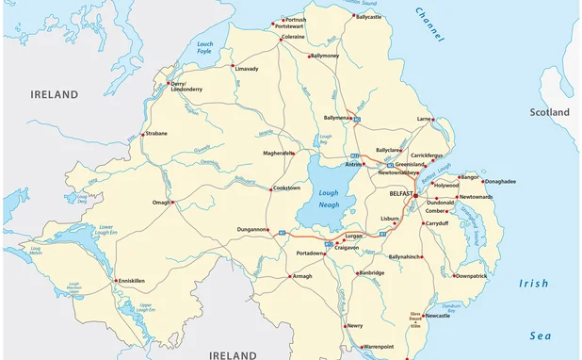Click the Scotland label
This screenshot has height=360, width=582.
(x=549, y=112)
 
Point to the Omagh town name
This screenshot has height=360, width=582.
(x=161, y=202)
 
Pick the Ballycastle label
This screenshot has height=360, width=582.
(x=368, y=16)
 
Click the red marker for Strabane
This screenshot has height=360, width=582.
(x=142, y=134)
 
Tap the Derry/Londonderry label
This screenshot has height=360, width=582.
(x=186, y=86)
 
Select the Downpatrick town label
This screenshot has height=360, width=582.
(x=471, y=276)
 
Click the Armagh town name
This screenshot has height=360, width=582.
(x=301, y=276)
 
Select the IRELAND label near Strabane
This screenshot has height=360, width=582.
(x=54, y=94)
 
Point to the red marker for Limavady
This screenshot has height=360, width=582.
(x=233, y=66)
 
